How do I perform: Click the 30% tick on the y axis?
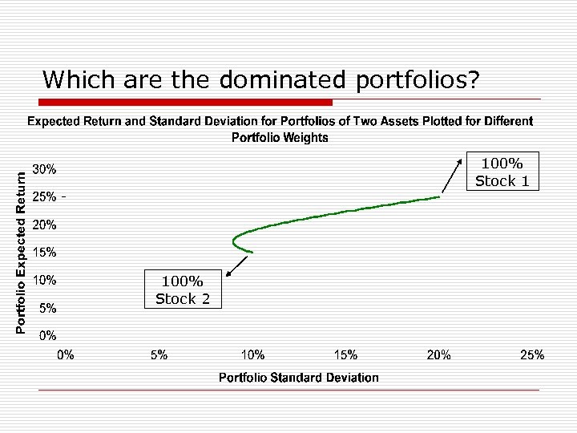(x=44, y=169)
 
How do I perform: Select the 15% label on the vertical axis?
(x=44, y=252)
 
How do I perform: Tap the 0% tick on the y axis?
(x=47, y=334)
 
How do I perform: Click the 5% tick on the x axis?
(x=159, y=354)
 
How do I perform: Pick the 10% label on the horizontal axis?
(x=253, y=354)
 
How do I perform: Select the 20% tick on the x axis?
(x=438, y=354)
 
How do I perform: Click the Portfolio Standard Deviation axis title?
(x=298, y=377)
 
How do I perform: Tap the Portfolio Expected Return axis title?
(x=22, y=245)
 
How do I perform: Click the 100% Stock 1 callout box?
(x=502, y=172)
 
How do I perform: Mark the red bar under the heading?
(x=186, y=102)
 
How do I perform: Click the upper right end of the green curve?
(x=439, y=196)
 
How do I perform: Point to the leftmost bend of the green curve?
(x=232, y=240)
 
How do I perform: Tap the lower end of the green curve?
(x=252, y=253)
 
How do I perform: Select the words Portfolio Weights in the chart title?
(x=280, y=137)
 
